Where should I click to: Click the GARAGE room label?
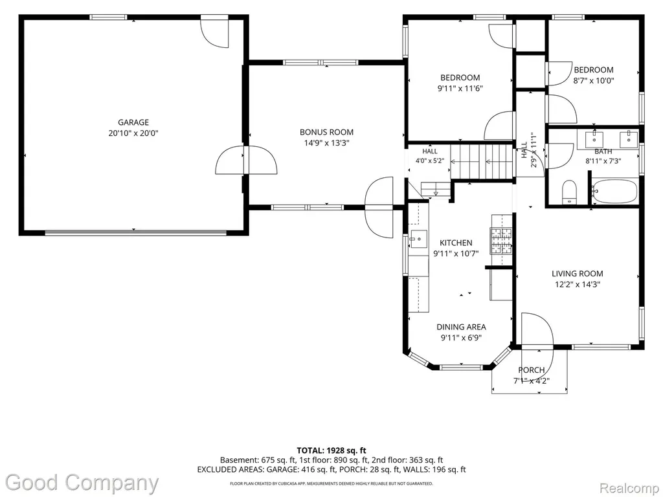click(x=133, y=122)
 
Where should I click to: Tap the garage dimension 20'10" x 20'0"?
click(x=133, y=133)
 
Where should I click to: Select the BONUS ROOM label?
click(x=326, y=132)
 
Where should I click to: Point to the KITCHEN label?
click(x=456, y=243)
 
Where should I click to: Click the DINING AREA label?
click(x=461, y=327)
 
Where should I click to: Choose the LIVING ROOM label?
click(x=577, y=274)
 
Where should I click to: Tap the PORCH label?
click(x=532, y=370)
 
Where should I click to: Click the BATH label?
click(x=603, y=151)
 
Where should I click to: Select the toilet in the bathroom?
click(x=570, y=192)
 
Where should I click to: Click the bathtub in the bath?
click(x=614, y=192)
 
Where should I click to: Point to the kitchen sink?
click(x=418, y=239)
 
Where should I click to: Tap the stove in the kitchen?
click(x=501, y=241)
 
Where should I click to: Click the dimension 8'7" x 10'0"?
click(x=593, y=81)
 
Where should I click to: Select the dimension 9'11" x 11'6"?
click(x=460, y=88)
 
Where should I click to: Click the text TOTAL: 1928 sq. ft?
click(x=331, y=450)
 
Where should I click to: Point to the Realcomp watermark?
click(x=630, y=489)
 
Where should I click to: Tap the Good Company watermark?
click(x=82, y=483)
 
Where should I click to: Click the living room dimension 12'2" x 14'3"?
click(x=577, y=285)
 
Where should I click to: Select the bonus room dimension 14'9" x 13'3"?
click(x=326, y=143)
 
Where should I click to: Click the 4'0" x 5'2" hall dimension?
click(x=430, y=160)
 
